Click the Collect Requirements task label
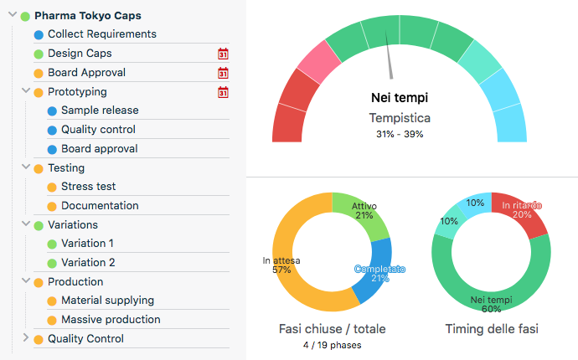tap(101, 34)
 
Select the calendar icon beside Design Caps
tap(223, 54)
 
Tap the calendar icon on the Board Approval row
tap(223, 73)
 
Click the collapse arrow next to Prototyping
tap(26, 91)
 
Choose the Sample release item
tap(100, 111)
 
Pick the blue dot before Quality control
tap(52, 130)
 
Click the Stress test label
tap(88, 187)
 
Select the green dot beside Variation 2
tap(52, 263)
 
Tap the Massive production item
tap(111, 320)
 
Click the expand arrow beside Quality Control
tap(26, 338)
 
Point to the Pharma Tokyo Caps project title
tap(87, 15)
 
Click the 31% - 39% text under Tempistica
tap(400, 134)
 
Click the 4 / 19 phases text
tap(332, 345)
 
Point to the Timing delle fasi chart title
tap(492, 329)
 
